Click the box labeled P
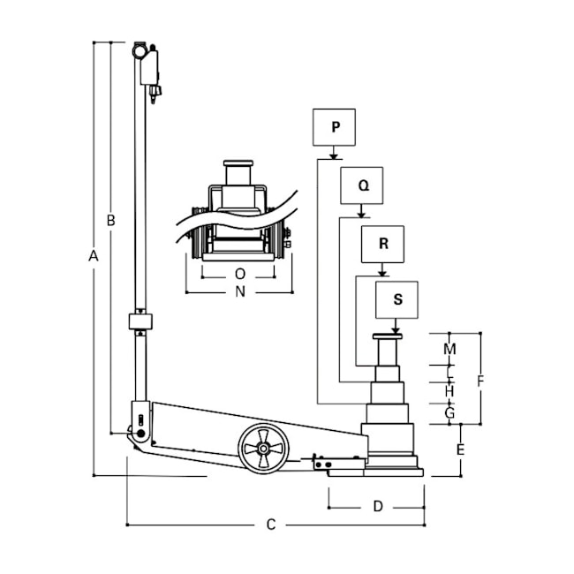coord(334,127)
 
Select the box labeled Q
coord(362,185)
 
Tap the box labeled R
coord(382,244)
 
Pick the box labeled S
coord(397,300)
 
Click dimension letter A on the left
coord(94,256)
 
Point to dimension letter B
coord(110,221)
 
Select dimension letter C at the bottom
coord(271,525)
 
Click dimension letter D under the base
coord(378,506)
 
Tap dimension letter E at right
coord(460,449)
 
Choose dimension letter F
coord(480,381)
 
